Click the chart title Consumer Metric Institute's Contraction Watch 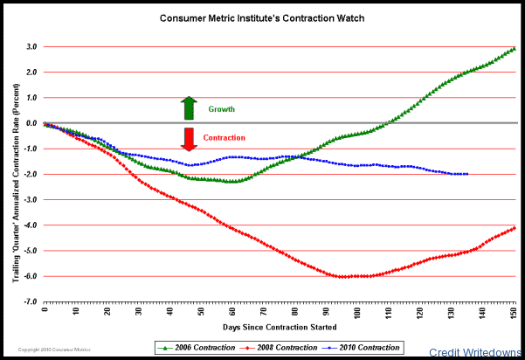[x=262, y=17]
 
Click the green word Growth [x=222, y=109]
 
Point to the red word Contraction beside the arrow [x=224, y=138]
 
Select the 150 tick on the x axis [x=514, y=311]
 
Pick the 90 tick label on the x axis [x=327, y=311]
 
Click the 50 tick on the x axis [x=201, y=311]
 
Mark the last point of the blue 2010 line [x=466, y=174]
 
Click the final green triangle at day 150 [x=514, y=49]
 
